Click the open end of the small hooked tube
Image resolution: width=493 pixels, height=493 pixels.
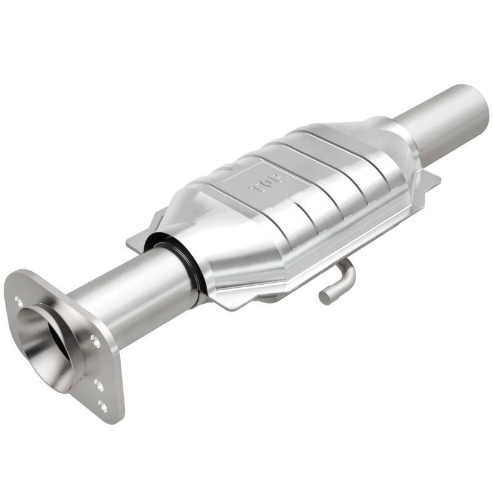324,298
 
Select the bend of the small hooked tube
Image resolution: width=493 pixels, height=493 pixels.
348,271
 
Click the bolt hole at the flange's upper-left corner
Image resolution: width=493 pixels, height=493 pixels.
19,301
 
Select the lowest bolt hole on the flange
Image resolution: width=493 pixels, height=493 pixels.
102,405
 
